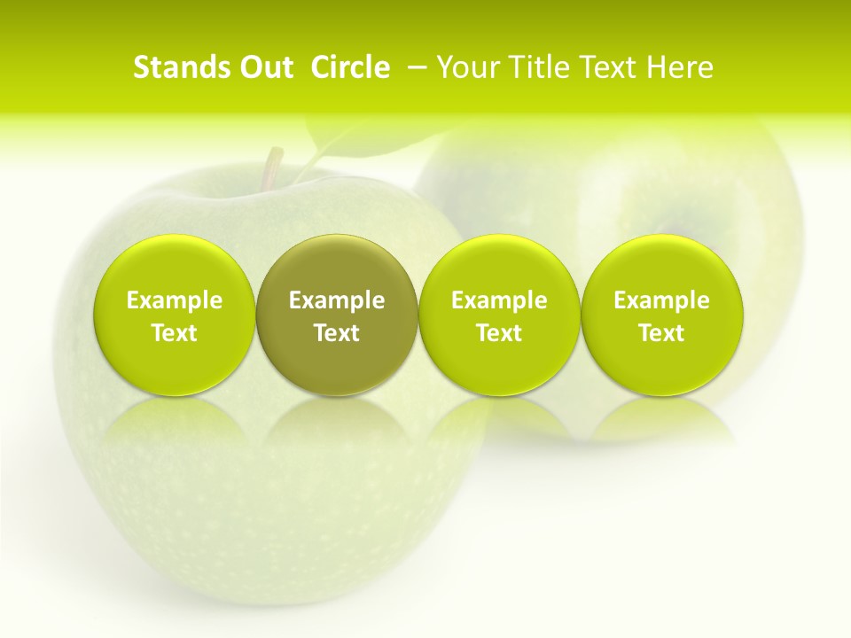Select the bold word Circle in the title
(x=350, y=67)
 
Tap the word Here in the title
(x=681, y=67)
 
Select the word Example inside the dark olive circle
(x=337, y=300)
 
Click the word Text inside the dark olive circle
(x=337, y=333)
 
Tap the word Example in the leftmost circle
(x=175, y=300)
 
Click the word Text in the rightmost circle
(x=662, y=333)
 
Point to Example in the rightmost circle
(x=662, y=300)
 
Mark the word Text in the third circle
(x=499, y=333)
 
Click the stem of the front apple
(x=275, y=166)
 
